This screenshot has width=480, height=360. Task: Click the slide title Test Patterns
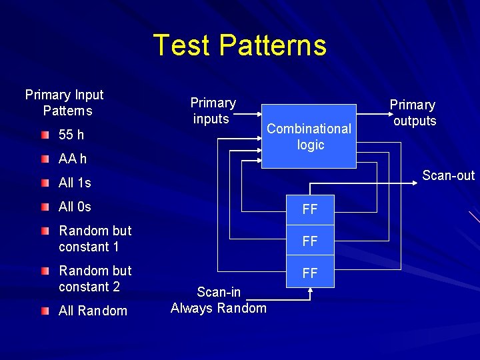pyautogui.click(x=240, y=45)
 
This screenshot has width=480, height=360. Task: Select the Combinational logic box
pyautogui.click(x=310, y=136)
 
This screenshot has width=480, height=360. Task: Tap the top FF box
pyautogui.click(x=310, y=209)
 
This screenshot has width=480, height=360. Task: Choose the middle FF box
pyautogui.click(x=310, y=241)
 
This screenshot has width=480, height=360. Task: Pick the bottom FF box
pyautogui.click(x=310, y=273)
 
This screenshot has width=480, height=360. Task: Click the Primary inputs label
pyautogui.click(x=213, y=111)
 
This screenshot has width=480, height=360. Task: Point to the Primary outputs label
pyautogui.click(x=413, y=113)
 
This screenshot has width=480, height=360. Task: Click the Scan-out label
pyautogui.click(x=448, y=175)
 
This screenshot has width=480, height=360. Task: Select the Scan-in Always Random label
pyautogui.click(x=219, y=299)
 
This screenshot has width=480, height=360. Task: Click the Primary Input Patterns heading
pyautogui.click(x=65, y=103)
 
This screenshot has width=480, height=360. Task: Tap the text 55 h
pyautogui.click(x=71, y=135)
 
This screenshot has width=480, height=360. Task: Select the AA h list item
pyautogui.click(x=73, y=159)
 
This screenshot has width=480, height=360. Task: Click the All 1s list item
pyautogui.click(x=75, y=183)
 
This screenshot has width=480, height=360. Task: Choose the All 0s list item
pyautogui.click(x=75, y=207)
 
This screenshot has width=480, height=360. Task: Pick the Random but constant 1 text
pyautogui.click(x=95, y=239)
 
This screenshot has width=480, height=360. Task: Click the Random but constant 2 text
pyautogui.click(x=95, y=279)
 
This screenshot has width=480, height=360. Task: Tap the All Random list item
pyautogui.click(x=93, y=311)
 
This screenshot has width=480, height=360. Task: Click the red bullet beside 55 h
pyautogui.click(x=44, y=135)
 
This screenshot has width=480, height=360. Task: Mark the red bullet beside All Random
pyautogui.click(x=44, y=311)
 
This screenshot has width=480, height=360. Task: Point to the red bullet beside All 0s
pyautogui.click(x=44, y=207)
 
